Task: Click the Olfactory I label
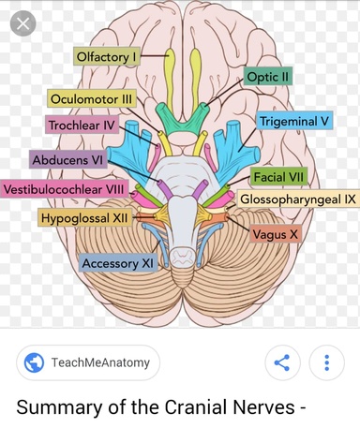pyautogui.click(x=107, y=56)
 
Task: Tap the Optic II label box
pyautogui.click(x=268, y=76)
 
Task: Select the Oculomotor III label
pyautogui.click(x=92, y=99)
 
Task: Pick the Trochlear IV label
pyautogui.click(x=82, y=125)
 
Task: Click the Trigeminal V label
pyautogui.click(x=294, y=121)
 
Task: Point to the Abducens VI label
pyautogui.click(x=67, y=159)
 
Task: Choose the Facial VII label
pyautogui.click(x=278, y=177)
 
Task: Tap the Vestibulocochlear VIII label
pyautogui.click(x=64, y=189)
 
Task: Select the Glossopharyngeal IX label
pyautogui.click(x=298, y=199)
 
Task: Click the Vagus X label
pyautogui.click(x=276, y=234)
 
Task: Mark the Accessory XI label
pyautogui.click(x=117, y=263)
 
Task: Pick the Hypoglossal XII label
pyautogui.click(x=84, y=217)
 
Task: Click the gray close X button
pyautogui.click(x=22, y=23)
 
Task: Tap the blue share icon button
pyautogui.click(x=282, y=362)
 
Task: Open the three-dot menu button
pyautogui.click(x=326, y=362)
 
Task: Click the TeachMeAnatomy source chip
pyautogui.click(x=88, y=362)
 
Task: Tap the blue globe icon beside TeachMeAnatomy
pyautogui.click(x=34, y=362)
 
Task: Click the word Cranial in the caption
pyautogui.click(x=196, y=407)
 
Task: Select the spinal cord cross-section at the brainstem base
pyautogui.click(x=182, y=257)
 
